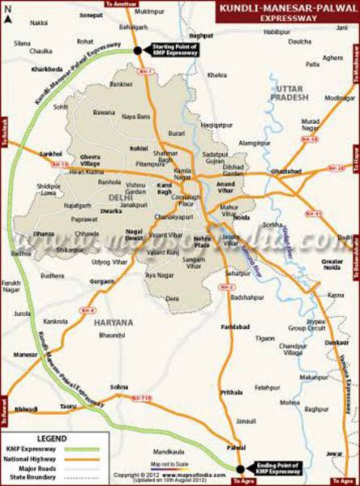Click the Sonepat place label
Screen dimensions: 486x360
[x=92, y=15]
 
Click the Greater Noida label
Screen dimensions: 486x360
[x=333, y=265]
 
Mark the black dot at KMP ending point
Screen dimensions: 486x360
[x=240, y=468]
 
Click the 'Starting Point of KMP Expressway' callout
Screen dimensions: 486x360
[x=174, y=50]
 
